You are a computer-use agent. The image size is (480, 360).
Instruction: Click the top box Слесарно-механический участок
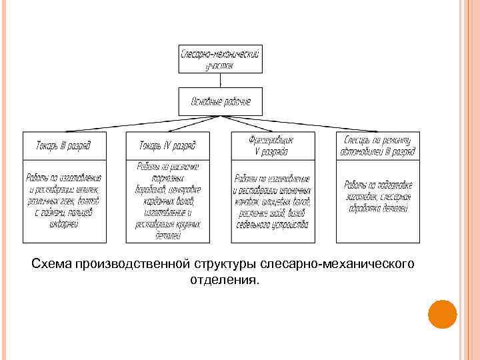coord(221,59)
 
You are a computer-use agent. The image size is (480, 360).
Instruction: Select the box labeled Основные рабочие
coord(221,101)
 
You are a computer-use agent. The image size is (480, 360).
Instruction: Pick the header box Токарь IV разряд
coord(167,145)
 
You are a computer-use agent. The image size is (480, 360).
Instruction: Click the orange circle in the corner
coord(441,314)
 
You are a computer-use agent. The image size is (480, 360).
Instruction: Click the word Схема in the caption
coord(53,265)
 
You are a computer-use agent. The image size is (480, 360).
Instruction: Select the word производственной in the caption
coord(134,265)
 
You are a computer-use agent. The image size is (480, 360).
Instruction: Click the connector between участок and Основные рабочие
coord(221,80)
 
